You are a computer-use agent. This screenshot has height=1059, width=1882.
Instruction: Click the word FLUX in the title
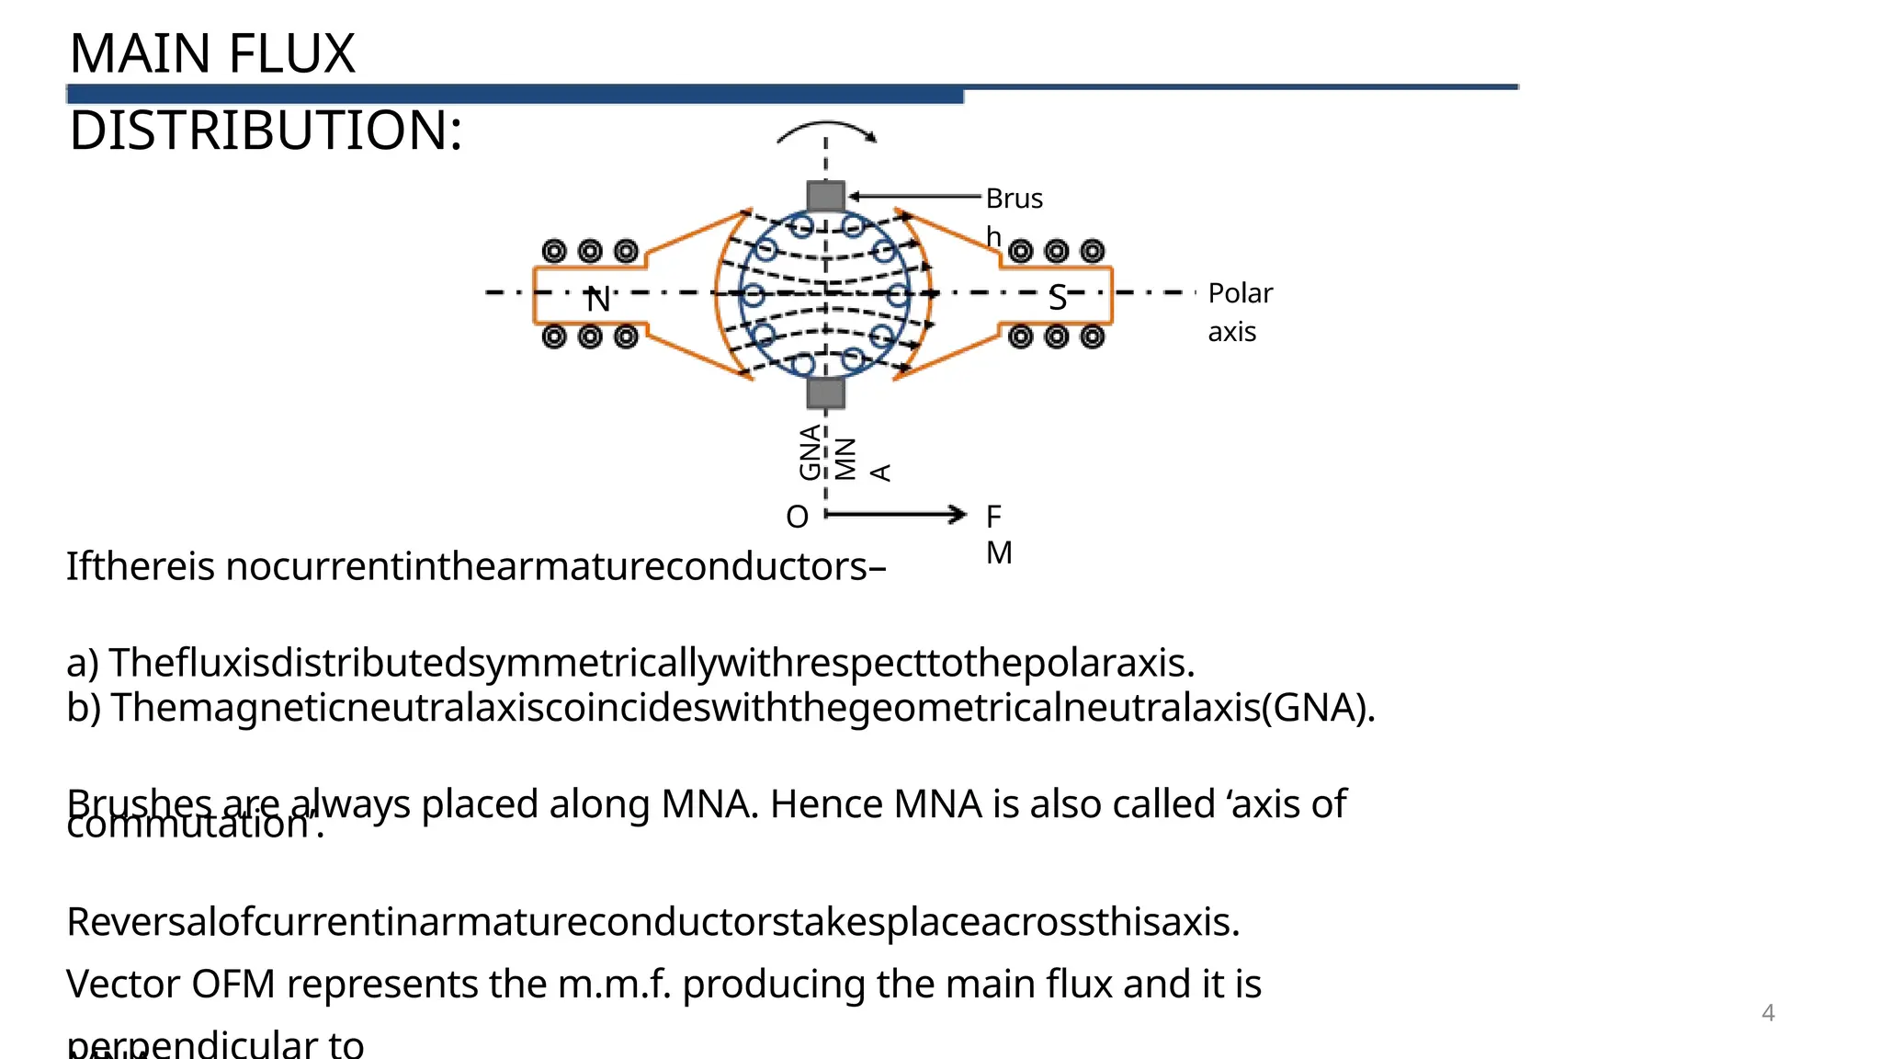click(291, 54)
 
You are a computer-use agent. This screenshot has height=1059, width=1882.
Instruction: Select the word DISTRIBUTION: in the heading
click(266, 131)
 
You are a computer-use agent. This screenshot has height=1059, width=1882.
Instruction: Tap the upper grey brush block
click(825, 196)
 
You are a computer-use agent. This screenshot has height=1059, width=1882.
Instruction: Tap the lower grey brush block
click(825, 393)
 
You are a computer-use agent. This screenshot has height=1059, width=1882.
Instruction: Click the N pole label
click(598, 300)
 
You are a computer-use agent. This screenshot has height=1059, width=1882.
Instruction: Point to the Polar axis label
click(1239, 312)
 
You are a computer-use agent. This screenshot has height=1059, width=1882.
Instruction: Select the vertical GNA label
click(810, 452)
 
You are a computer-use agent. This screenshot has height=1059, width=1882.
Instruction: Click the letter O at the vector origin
click(797, 518)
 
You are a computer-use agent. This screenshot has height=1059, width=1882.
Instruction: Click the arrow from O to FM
click(896, 515)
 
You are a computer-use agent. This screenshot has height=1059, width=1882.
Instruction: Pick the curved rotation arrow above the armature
click(826, 131)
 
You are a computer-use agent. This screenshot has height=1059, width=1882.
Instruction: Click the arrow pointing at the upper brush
click(914, 196)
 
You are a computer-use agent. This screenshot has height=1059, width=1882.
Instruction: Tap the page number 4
click(1767, 1013)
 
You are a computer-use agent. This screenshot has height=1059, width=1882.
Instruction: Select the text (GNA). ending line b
click(1318, 708)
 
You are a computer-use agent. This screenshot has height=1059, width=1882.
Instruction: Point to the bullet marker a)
click(83, 663)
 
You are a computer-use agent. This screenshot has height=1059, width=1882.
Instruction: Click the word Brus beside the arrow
click(1014, 199)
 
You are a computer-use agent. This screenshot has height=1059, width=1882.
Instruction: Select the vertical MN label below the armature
click(845, 459)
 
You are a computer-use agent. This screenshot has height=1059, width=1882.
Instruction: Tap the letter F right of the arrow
click(993, 517)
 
